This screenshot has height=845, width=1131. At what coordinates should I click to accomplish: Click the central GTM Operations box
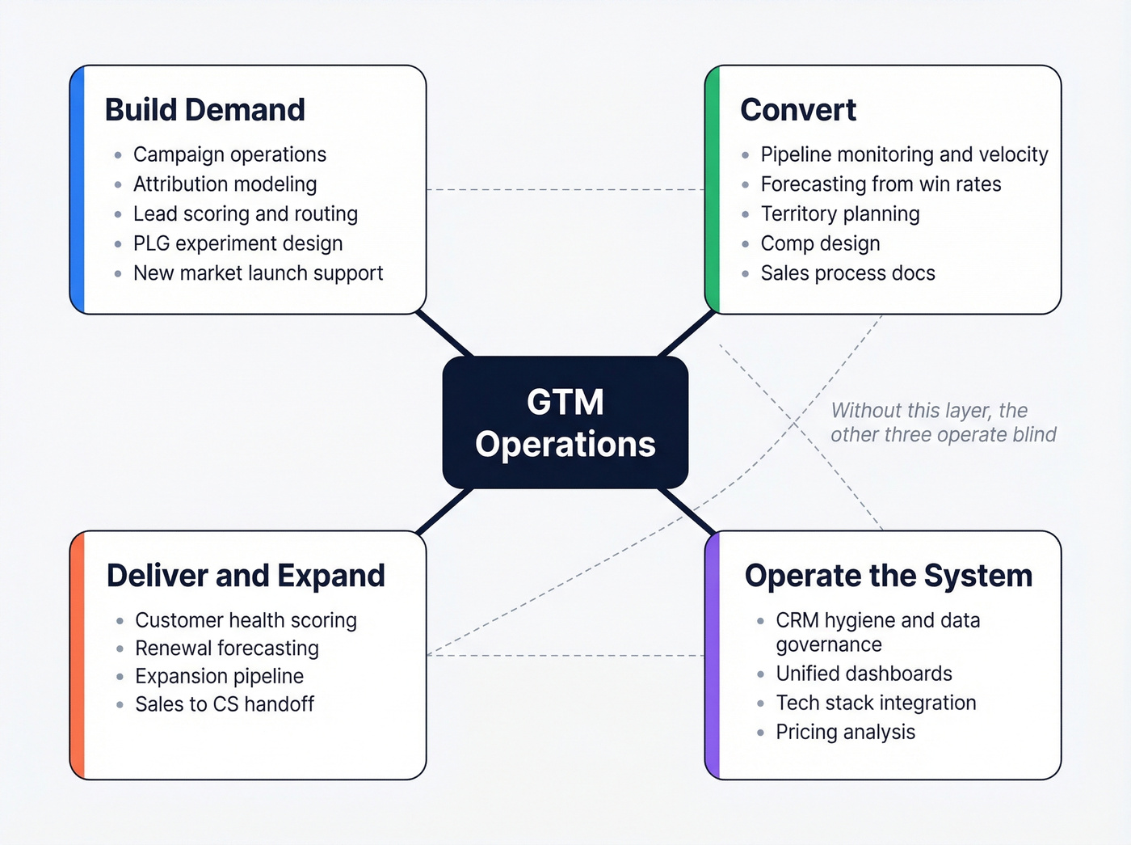[565, 423]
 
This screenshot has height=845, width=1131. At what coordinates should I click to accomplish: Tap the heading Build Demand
[205, 110]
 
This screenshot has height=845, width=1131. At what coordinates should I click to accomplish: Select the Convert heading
[798, 110]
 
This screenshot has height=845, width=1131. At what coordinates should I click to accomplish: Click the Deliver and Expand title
[246, 576]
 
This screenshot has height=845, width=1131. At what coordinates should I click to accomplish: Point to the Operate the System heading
[889, 576]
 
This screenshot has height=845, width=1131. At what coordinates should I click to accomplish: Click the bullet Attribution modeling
[225, 184]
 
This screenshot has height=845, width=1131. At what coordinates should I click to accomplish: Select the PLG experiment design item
[238, 243]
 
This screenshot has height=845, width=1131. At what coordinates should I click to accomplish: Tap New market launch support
[258, 273]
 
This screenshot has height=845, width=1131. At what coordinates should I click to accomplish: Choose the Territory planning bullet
[840, 214]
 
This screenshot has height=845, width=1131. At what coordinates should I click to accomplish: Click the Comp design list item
[820, 243]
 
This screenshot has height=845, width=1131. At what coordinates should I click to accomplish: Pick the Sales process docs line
[847, 273]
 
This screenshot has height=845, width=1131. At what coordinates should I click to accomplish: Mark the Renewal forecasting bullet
[227, 649]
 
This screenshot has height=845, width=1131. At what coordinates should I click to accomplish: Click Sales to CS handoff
[225, 704]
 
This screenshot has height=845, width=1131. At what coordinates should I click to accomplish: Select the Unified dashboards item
[864, 674]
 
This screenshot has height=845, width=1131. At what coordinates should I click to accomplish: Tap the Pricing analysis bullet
[845, 733]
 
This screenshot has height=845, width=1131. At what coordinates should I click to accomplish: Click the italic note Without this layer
[943, 423]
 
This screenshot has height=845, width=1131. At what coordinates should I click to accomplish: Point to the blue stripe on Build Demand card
[78, 190]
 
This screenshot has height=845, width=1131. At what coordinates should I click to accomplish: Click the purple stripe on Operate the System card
[713, 656]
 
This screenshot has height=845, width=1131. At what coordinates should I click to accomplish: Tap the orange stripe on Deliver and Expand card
[78, 656]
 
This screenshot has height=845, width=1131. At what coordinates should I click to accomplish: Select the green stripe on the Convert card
[713, 190]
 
